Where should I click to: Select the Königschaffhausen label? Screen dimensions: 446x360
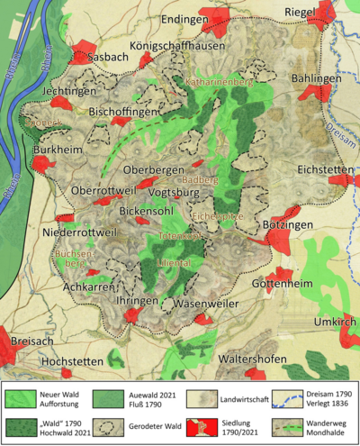click(165, 47)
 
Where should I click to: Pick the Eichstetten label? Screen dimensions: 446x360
click(321, 167)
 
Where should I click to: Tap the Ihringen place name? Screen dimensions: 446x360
click(137, 300)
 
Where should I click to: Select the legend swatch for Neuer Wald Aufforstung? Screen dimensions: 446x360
click(26, 395)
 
